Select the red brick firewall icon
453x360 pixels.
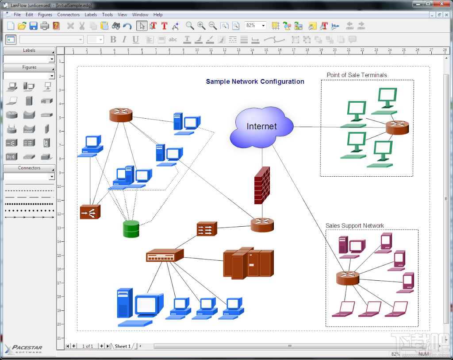[262, 185]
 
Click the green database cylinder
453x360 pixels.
[131, 229]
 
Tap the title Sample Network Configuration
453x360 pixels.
[255, 81]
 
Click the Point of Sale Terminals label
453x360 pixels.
[357, 75]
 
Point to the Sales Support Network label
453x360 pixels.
[355, 225]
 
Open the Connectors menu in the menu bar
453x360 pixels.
[69, 15]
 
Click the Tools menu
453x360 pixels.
[107, 15]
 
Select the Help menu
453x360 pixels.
[158, 15]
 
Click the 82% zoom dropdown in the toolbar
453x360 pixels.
[255, 26]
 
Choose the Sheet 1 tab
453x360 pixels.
[123, 346]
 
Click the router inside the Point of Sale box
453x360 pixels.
[397, 128]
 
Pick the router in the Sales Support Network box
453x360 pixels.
[347, 278]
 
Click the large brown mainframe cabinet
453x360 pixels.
[248, 263]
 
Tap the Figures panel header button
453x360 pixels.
[29, 67]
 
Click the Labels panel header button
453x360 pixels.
[29, 50]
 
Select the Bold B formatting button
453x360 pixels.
[113, 39]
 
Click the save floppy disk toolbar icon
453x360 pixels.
[33, 26]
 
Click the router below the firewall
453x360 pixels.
[262, 225]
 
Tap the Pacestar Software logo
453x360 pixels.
[26, 349]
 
